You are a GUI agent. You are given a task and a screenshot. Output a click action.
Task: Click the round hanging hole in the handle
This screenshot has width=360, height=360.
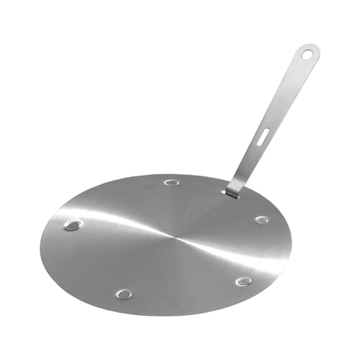pyautogui.click(x=307, y=53)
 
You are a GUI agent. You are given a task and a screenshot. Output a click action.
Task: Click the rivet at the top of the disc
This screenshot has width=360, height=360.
pyautogui.click(x=171, y=182)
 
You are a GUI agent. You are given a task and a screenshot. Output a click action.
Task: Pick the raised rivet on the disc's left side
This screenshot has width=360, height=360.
pyautogui.click(x=72, y=225)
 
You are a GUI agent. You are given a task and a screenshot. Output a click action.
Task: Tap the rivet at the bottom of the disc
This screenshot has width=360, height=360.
pyautogui.click(x=124, y=294)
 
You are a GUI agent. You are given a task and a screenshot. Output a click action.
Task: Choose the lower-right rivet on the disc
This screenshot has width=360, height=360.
pyautogui.click(x=244, y=281)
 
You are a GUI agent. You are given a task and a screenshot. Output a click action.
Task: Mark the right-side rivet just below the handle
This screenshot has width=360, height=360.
pyautogui.click(x=261, y=220)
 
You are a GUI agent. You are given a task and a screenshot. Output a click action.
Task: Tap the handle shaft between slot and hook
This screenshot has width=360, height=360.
pyautogui.click(x=248, y=162)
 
